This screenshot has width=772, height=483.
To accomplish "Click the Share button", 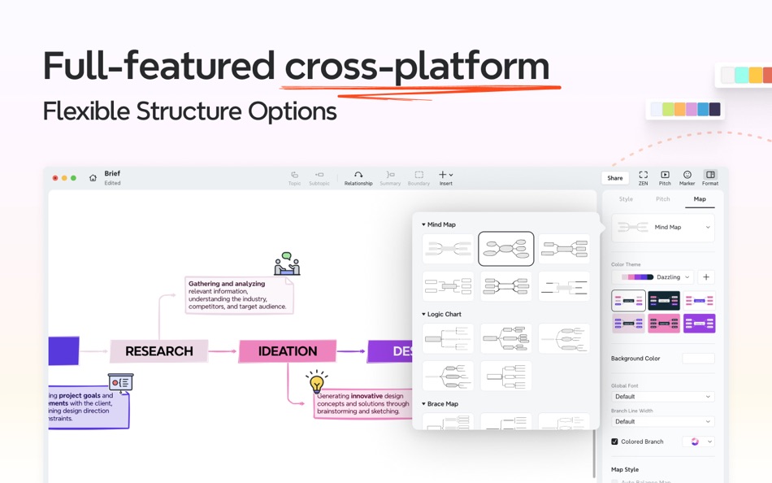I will [615, 178].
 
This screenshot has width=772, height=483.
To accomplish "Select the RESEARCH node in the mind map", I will [159, 351].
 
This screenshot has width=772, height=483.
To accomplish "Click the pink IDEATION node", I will [288, 351].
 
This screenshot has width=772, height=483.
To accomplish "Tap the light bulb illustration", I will [317, 381].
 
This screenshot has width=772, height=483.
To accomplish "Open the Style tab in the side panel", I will [626, 199].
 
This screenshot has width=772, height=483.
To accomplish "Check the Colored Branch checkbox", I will [614, 442].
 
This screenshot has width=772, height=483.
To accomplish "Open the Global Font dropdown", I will [662, 397].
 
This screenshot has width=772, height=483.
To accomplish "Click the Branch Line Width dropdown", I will [662, 422].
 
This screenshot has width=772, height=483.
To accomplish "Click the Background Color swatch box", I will [698, 359].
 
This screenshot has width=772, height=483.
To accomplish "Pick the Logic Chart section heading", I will [444, 314].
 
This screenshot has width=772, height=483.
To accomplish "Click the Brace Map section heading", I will [442, 404].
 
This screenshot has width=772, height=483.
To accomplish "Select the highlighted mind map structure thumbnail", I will [506, 249].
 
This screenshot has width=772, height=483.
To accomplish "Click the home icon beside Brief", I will [93, 178].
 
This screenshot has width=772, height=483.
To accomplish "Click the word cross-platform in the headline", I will [416, 67].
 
